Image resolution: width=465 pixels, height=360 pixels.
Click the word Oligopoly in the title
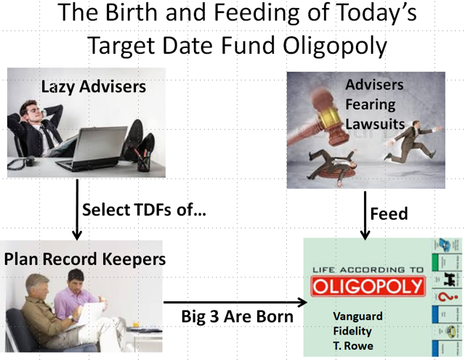click(335, 46)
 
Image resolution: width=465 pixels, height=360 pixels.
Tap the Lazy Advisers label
click(94, 87)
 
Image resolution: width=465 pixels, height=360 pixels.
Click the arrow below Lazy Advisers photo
click(77, 210)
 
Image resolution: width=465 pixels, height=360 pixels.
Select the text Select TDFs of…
click(144, 210)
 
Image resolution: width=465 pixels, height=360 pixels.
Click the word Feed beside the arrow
click(389, 213)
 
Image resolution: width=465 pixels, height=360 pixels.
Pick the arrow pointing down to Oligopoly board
click(365, 216)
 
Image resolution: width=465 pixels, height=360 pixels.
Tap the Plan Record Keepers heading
click(85, 259)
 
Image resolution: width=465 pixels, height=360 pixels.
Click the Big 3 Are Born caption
click(238, 316)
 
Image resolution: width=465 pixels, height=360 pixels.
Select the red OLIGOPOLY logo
click(368, 286)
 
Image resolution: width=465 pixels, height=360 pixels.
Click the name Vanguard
click(357, 316)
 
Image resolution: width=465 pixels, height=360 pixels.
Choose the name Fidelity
click(352, 331)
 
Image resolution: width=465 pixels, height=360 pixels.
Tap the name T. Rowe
click(353, 345)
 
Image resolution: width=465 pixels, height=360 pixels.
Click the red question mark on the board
click(445, 297)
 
